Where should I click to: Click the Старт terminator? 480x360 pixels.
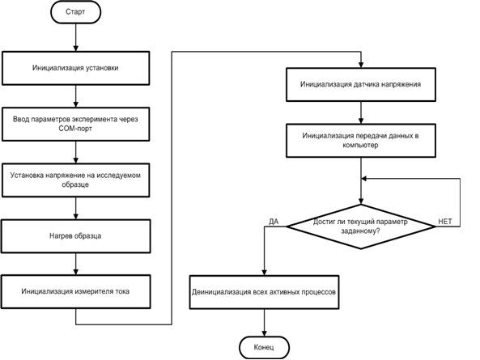click(x=75, y=12)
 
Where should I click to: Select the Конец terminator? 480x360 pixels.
click(x=264, y=347)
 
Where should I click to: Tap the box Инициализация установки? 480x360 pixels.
click(x=75, y=68)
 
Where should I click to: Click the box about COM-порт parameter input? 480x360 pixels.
click(x=75, y=124)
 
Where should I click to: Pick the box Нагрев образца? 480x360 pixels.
click(x=75, y=236)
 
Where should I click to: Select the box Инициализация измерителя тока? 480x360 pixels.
click(x=75, y=291)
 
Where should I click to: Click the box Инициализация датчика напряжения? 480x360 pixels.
click(x=361, y=84)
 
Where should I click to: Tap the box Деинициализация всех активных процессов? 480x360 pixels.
click(x=264, y=292)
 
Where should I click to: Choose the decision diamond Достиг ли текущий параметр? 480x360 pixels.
click(x=361, y=227)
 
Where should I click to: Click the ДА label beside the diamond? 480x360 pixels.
click(x=274, y=222)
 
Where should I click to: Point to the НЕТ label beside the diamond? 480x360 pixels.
click(x=445, y=222)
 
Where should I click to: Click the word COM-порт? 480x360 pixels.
click(x=75, y=129)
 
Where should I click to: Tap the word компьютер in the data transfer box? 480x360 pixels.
click(x=361, y=146)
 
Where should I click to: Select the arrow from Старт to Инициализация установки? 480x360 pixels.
click(x=75, y=37)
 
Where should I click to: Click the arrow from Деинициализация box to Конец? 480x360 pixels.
click(x=264, y=323)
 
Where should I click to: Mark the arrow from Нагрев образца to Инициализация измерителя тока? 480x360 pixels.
click(x=75, y=264)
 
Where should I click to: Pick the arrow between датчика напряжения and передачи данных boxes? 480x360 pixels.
click(x=361, y=112)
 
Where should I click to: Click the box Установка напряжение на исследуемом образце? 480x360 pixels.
click(x=75, y=180)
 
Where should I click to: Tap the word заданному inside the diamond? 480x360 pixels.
click(x=361, y=231)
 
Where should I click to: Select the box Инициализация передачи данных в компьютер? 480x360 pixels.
click(x=361, y=141)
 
